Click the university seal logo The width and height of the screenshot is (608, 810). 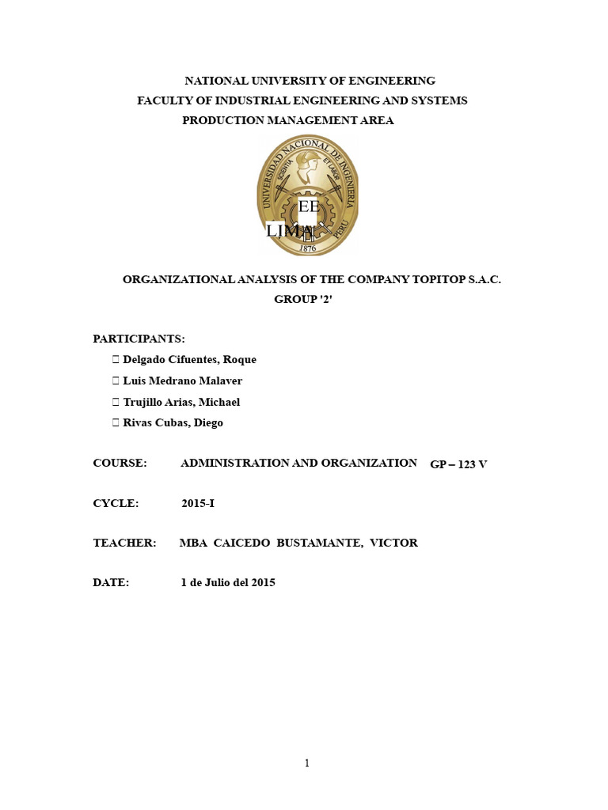307,195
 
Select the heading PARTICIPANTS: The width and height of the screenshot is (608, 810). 139,339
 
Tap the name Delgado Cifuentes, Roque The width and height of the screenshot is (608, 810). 189,359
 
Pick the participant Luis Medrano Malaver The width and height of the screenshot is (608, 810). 182,380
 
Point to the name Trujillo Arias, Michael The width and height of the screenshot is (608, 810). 181,402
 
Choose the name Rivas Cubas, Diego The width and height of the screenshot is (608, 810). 173,422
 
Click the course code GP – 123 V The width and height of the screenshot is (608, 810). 458,464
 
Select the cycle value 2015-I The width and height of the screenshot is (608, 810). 198,503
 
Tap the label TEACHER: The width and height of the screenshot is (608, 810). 124,543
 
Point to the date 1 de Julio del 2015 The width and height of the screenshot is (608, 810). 228,582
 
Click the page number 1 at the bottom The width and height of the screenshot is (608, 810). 307,763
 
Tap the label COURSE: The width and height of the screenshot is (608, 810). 120,463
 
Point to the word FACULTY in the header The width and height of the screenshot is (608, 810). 162,100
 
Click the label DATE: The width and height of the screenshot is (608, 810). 111,582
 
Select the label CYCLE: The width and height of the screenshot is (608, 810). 116,503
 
